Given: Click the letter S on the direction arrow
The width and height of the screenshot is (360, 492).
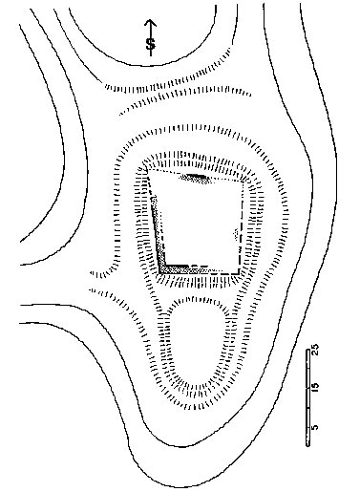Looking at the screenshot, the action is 151,44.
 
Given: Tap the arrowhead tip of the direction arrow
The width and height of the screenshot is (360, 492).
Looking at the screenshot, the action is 151,20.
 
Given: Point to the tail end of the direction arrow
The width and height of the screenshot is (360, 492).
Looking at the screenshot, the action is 151,56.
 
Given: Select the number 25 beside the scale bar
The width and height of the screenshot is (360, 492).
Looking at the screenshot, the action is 315,350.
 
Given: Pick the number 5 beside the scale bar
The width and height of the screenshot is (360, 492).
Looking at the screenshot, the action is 315,427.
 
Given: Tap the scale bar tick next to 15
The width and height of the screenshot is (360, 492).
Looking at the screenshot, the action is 308,388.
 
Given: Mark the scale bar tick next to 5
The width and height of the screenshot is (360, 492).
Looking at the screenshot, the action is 308,427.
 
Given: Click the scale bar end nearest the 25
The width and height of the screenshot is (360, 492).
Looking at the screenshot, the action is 308,350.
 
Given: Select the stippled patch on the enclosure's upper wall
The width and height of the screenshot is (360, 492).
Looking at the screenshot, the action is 196,179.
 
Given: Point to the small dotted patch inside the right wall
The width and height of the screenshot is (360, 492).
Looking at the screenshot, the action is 236,234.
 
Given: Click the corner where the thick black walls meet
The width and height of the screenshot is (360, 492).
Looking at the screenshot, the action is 165,265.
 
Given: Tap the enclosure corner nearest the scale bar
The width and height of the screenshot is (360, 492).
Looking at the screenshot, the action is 239,273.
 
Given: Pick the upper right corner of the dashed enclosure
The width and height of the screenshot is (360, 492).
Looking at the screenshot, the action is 244,182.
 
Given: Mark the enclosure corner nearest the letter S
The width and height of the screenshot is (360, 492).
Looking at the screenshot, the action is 147,169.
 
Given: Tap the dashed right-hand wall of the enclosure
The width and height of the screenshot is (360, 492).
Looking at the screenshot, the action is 241,227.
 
